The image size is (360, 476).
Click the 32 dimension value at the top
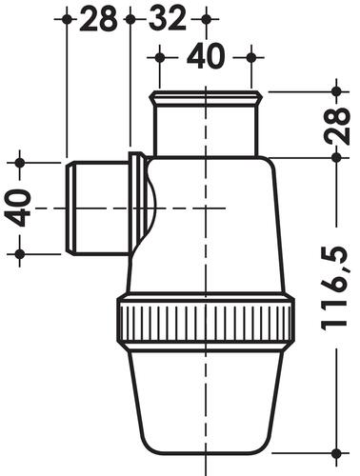167,19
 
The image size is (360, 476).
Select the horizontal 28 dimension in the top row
98,19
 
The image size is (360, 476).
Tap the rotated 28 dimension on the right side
337,126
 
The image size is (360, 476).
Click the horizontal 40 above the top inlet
206,56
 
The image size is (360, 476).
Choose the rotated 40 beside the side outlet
18,208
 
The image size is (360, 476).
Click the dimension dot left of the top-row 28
67,19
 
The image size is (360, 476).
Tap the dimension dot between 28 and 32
130,19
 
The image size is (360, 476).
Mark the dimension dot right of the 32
206,19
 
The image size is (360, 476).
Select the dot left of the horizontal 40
160,58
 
